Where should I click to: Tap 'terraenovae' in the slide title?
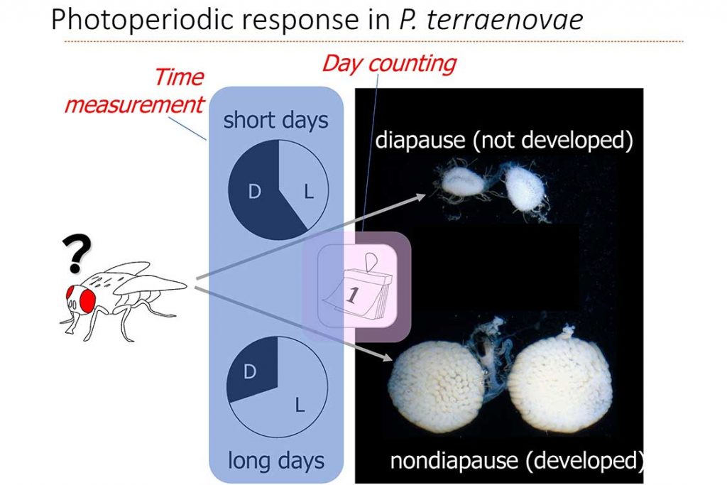(505, 21)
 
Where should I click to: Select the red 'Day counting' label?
(389, 63)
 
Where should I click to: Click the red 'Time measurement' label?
(134, 91)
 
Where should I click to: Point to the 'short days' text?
(276, 121)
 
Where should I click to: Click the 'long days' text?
(276, 460)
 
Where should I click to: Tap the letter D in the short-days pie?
(254, 191)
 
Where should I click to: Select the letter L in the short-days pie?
(309, 191)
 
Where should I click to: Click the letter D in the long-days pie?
(249, 371)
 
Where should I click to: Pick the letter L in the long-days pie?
(300, 405)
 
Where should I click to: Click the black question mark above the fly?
(77, 254)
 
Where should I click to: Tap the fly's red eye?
(87, 300)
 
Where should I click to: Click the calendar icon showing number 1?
(357, 286)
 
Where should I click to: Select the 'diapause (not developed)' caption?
(504, 140)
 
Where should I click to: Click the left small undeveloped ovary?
(463, 182)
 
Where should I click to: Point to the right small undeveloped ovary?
(525, 188)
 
